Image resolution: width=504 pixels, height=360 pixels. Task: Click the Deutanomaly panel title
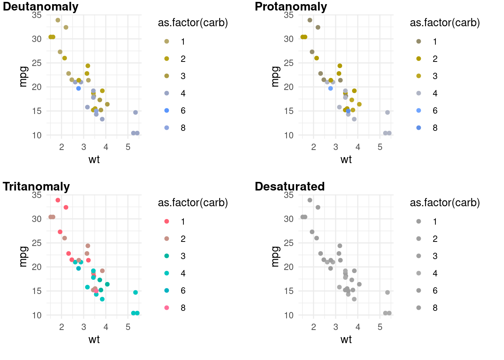click(40, 7)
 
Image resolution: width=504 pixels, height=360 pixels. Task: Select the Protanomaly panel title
click(291, 7)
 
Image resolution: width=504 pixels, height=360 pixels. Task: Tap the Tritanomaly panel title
click(36, 187)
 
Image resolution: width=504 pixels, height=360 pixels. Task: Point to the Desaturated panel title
click(289, 187)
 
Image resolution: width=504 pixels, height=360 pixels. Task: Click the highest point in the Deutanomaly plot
click(58, 20)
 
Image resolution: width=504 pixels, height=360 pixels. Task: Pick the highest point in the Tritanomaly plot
click(58, 200)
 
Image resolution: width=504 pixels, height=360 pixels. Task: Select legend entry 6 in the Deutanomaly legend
click(167, 111)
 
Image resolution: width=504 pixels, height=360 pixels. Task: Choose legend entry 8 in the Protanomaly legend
click(419, 128)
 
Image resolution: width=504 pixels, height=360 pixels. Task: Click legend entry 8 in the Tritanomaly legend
click(167, 308)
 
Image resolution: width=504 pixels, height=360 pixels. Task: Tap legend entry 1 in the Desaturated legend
click(419, 222)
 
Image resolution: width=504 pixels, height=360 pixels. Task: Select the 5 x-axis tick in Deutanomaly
click(128, 147)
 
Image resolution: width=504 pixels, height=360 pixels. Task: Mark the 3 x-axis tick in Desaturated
click(336, 327)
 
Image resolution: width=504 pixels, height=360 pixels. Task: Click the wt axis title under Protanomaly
click(346, 160)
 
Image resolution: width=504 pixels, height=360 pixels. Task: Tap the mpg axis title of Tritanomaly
click(23, 256)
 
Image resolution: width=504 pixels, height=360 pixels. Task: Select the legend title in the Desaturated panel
click(445, 203)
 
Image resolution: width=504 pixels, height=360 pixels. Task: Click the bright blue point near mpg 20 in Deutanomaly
click(78, 88)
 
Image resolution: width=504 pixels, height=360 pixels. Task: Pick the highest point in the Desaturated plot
click(310, 200)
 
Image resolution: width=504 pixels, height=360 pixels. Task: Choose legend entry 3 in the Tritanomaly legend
click(167, 256)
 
